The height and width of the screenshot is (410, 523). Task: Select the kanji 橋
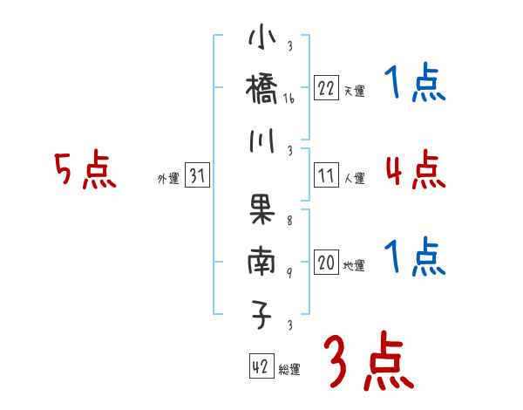coord(262,89)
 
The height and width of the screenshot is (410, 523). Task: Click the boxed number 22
coord(326,88)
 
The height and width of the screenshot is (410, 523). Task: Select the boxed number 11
coord(326,176)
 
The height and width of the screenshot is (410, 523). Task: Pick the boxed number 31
coord(197,176)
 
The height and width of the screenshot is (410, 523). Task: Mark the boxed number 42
coord(261,366)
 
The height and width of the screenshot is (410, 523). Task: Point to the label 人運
coord(354,179)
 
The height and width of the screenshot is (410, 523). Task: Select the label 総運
coord(289,369)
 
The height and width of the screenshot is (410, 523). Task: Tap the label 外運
coord(168,179)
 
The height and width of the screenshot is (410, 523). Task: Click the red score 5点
coord(85,171)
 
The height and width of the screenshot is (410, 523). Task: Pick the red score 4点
coord(415,169)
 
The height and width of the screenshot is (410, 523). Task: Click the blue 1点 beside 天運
coord(415,85)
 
